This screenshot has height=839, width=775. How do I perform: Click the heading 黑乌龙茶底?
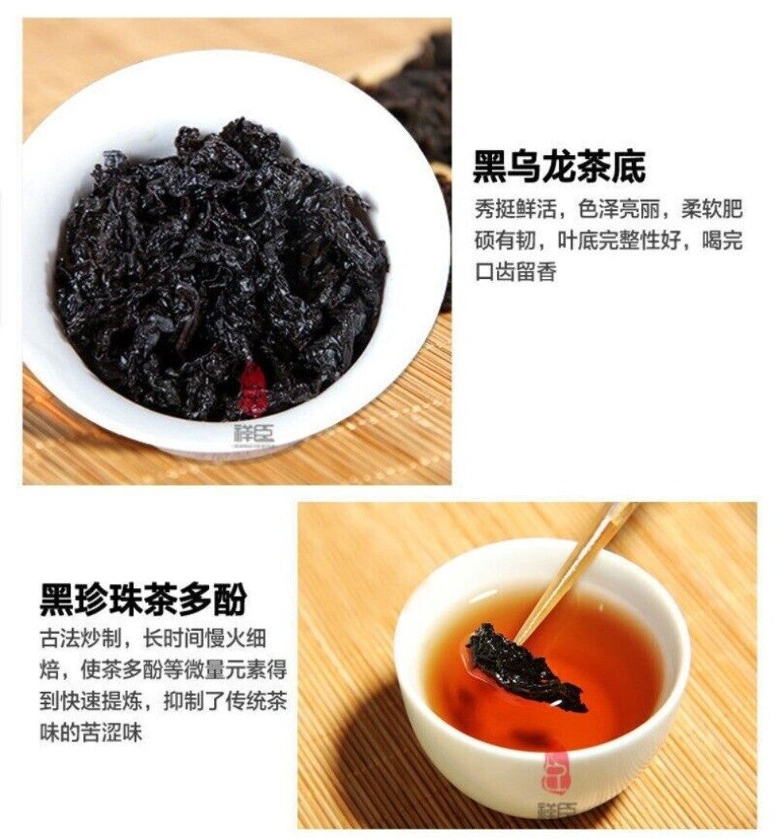pyautogui.click(x=560, y=167)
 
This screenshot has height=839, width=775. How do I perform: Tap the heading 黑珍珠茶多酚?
pyautogui.click(x=143, y=600)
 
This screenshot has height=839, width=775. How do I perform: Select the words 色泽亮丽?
pyautogui.click(x=618, y=209)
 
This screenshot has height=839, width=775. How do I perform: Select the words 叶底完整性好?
pyautogui.click(x=618, y=240)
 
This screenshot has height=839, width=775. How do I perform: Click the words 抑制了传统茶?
pyautogui.click(x=225, y=701)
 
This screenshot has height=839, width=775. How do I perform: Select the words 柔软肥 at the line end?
pyautogui.click(x=712, y=209)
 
